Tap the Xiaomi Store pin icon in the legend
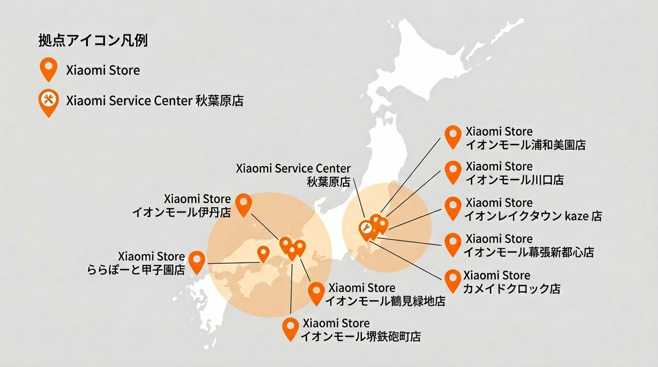click(x=48, y=69)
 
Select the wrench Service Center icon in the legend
click(x=48, y=101)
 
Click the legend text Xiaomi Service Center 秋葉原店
click(x=155, y=101)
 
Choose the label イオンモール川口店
click(x=514, y=180)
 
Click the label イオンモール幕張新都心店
click(x=529, y=252)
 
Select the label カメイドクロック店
click(x=512, y=288)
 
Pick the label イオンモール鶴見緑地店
click(x=385, y=301)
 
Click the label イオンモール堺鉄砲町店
click(x=360, y=336)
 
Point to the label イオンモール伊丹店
click(x=181, y=212)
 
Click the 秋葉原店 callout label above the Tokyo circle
click(x=329, y=181)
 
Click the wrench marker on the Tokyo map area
click(x=365, y=229)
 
